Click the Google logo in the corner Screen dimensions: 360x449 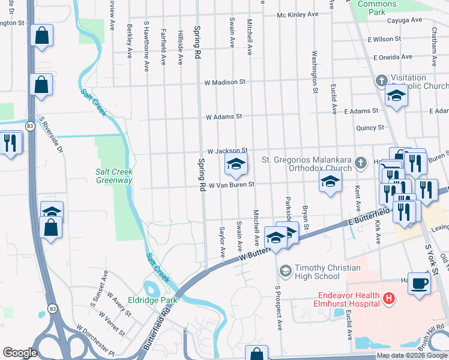click(20, 353)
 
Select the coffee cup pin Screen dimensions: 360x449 click(419, 283)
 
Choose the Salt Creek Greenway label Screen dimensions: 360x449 click(114, 176)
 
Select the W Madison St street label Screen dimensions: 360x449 click(225, 82)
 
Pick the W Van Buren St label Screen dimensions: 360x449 click(232, 185)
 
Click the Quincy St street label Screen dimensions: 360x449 click(370, 127)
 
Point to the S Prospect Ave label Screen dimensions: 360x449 click(279, 308)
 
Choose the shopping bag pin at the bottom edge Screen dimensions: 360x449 click(257, 354)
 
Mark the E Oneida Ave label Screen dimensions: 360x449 click(393, 57)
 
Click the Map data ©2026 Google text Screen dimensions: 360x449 click(412, 355)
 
